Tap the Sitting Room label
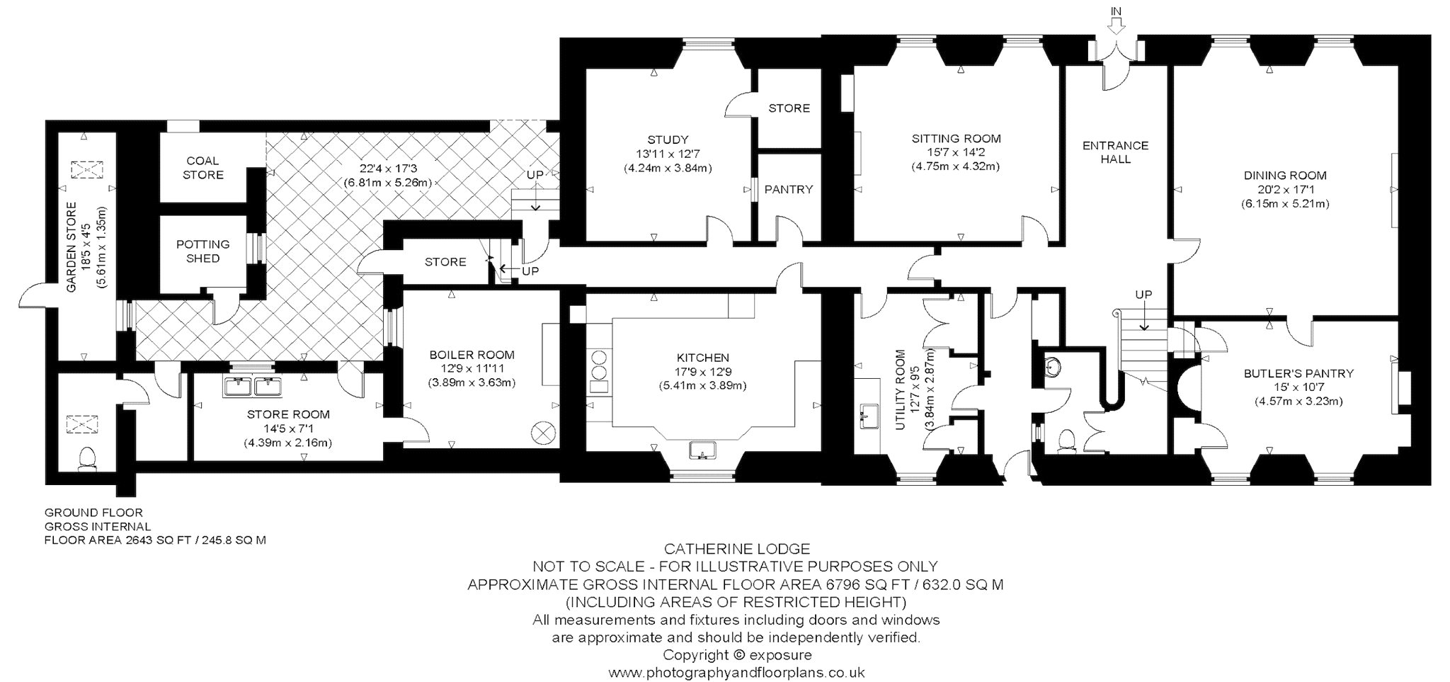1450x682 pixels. (x=956, y=139)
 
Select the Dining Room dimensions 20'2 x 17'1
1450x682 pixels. (x=1285, y=190)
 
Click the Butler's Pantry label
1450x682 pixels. (x=1298, y=373)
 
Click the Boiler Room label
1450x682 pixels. (x=471, y=355)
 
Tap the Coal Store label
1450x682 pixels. (x=203, y=168)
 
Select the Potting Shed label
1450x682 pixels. (x=203, y=251)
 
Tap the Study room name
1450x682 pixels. (x=668, y=140)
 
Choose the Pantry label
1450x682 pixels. (x=789, y=190)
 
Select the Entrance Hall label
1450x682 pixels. (x=1116, y=152)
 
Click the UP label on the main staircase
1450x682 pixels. (x=1143, y=295)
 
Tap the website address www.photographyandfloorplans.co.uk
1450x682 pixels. (x=736, y=673)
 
